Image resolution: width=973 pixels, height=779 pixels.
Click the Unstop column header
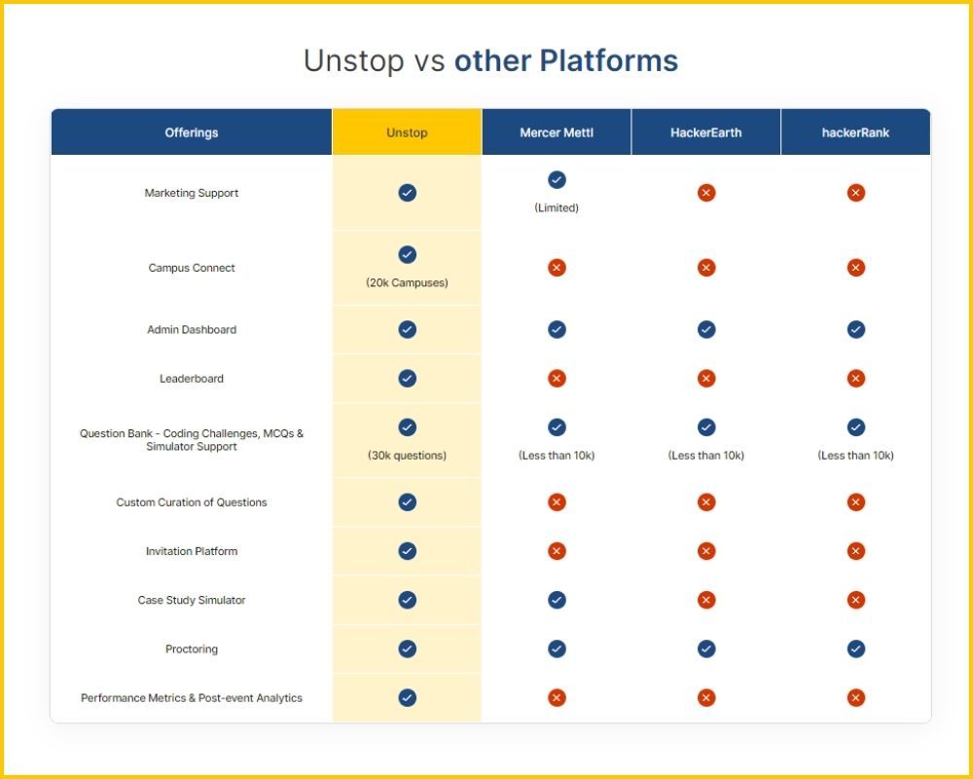(x=407, y=132)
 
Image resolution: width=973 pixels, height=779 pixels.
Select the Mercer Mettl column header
(x=557, y=132)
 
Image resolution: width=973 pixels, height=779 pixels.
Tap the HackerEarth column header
(x=706, y=132)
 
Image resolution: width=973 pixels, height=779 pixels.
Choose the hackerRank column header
(x=855, y=132)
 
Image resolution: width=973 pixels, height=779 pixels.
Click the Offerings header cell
(x=192, y=132)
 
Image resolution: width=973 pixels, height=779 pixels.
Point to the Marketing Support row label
(x=192, y=193)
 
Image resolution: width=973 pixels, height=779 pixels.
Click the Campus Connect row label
(x=192, y=268)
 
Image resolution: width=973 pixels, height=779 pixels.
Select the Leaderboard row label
(x=192, y=379)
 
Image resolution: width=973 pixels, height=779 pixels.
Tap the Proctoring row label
(x=192, y=649)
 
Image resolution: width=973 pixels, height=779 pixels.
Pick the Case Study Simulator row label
(x=192, y=601)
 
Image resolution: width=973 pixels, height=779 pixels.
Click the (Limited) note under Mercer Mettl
(x=557, y=208)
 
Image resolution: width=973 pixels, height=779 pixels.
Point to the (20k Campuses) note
(x=407, y=283)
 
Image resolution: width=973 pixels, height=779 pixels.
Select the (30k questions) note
(x=407, y=456)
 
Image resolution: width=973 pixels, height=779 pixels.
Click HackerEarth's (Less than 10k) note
(x=706, y=456)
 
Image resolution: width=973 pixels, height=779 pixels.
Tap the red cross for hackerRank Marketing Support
(x=856, y=193)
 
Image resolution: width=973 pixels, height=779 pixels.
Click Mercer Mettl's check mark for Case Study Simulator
(x=557, y=600)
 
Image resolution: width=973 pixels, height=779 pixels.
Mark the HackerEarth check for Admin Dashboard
(x=706, y=329)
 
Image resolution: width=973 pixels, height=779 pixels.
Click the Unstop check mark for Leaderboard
(x=408, y=378)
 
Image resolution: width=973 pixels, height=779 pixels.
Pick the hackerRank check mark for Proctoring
(x=856, y=649)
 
